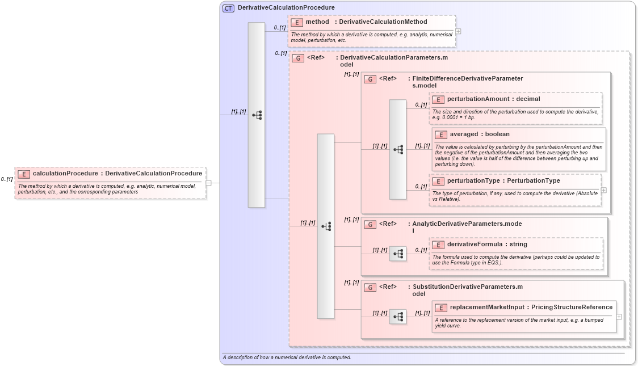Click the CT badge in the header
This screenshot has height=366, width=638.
tap(228, 8)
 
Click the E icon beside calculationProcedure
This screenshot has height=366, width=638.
tap(24, 174)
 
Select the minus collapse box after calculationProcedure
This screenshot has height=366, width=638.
tap(209, 183)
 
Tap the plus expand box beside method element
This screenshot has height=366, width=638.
tap(458, 31)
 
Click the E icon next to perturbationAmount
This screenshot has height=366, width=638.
tap(438, 99)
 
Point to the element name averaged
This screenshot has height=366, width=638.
tap(464, 134)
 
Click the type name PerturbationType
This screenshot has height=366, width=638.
tap(533, 181)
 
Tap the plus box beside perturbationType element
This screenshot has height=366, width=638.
tap(603, 190)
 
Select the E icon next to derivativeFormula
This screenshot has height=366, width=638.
tap(438, 245)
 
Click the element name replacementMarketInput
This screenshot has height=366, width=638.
tap(487, 308)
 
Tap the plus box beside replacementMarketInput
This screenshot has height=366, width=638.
tap(619, 317)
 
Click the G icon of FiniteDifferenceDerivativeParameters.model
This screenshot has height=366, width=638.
tap(370, 79)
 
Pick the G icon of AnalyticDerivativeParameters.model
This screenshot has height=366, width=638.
tap(370, 224)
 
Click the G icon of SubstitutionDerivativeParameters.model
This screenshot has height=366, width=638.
tap(370, 287)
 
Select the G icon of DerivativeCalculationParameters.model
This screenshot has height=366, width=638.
tap(298, 58)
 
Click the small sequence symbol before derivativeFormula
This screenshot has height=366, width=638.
tap(398, 254)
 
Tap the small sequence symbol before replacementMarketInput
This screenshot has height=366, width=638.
tap(398, 317)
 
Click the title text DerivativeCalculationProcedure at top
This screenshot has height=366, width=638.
tap(286, 8)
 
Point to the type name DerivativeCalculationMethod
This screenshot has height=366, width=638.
tap(383, 22)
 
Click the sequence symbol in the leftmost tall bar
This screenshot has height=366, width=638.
tap(257, 115)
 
